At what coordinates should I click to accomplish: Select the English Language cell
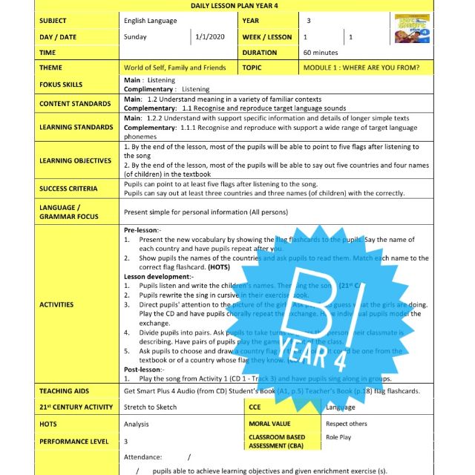coord(154,21)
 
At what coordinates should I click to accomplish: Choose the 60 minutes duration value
coord(321,53)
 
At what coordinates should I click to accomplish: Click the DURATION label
coord(259,53)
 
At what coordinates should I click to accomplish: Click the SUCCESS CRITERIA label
coord(68,189)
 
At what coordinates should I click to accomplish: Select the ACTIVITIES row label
coord(57,304)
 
